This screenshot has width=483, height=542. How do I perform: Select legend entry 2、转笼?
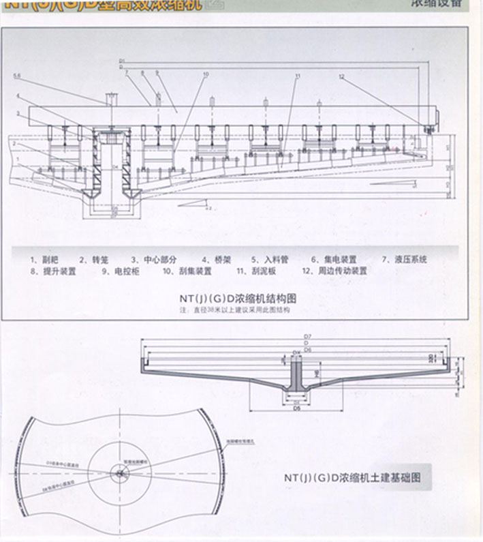(93, 260)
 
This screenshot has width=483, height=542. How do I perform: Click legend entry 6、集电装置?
(334, 260)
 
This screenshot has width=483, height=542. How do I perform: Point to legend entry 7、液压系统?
(404, 260)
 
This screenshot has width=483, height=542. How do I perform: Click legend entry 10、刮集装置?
(187, 271)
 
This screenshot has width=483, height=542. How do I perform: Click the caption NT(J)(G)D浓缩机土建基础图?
(352, 478)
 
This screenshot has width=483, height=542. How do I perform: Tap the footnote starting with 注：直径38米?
(234, 310)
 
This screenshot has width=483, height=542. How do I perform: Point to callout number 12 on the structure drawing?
(342, 76)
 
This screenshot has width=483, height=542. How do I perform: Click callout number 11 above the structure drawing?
(298, 76)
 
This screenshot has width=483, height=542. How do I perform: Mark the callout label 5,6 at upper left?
(16, 76)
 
